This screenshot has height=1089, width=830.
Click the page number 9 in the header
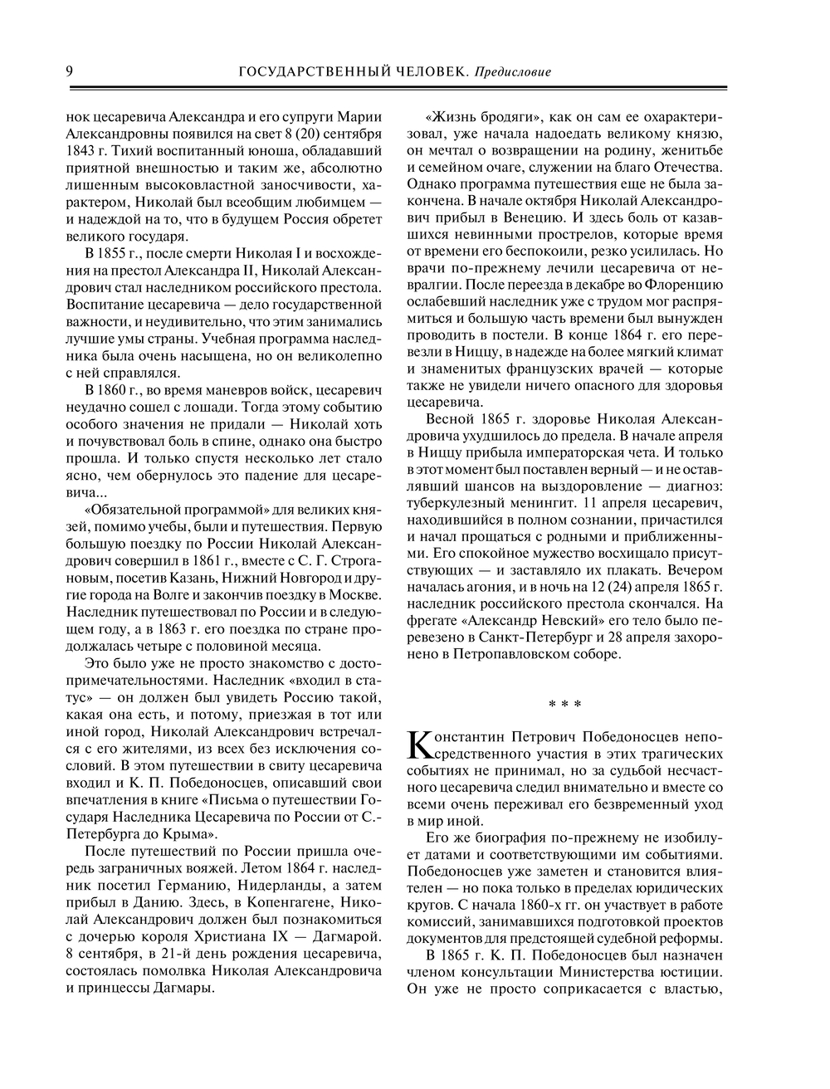click(x=70, y=72)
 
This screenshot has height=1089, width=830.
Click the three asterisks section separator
click(x=565, y=705)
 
